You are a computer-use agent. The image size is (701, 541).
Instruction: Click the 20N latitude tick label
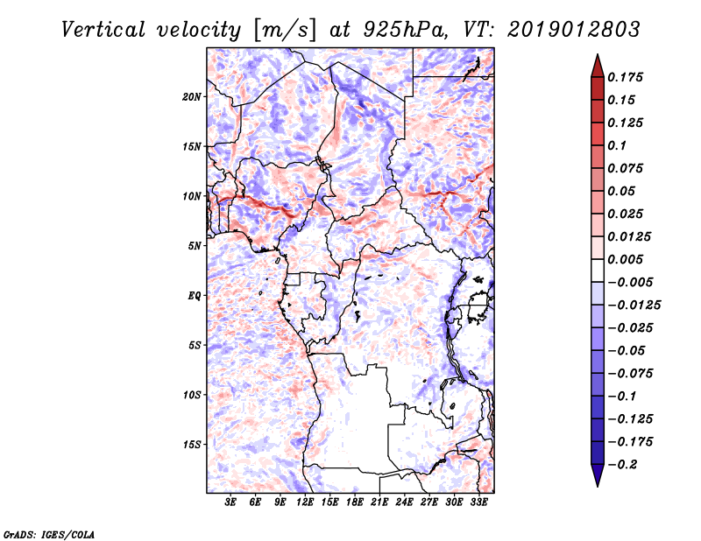click(x=192, y=96)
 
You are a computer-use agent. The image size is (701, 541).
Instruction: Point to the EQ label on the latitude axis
click(x=194, y=296)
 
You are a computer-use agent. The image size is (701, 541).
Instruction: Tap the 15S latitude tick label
click(x=192, y=445)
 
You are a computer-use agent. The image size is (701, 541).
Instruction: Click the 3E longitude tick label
click(x=231, y=502)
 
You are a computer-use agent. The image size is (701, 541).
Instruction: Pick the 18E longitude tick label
click(x=355, y=502)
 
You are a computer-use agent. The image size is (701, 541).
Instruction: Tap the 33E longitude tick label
click(x=478, y=502)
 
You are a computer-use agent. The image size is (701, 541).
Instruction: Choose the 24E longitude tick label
click(x=405, y=502)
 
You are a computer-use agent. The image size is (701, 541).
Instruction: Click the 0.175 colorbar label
click(x=627, y=77)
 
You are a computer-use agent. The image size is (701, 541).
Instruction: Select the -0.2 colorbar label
click(x=624, y=464)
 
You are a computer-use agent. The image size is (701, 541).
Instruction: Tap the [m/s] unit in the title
click(x=284, y=30)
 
